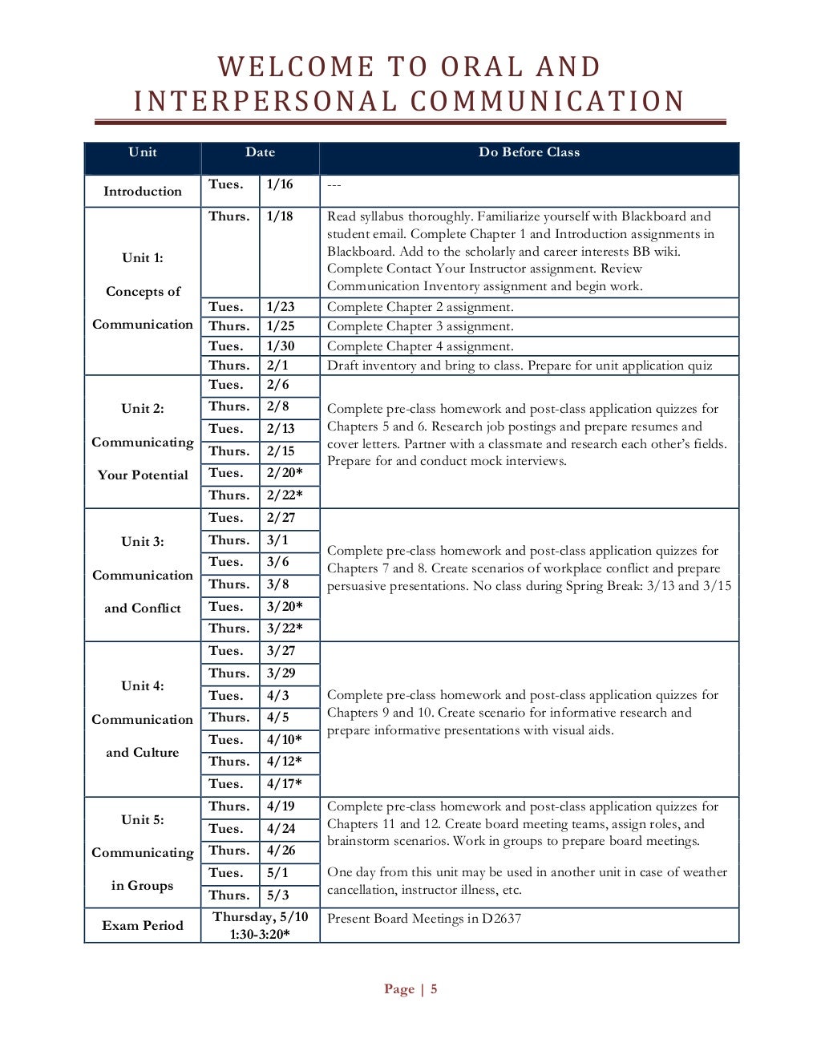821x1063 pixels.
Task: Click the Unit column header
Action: (143, 152)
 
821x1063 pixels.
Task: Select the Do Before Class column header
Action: (528, 152)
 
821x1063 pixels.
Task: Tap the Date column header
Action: (260, 152)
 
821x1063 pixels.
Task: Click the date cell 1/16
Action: (280, 184)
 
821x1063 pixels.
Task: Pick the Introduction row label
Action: (143, 192)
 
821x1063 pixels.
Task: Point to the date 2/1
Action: (277, 366)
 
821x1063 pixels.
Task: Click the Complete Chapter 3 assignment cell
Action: (420, 326)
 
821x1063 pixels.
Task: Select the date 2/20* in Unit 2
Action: (285, 473)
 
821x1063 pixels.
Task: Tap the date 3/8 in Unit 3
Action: (277, 584)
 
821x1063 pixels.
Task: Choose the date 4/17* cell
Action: (285, 784)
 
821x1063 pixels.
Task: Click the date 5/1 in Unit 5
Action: (277, 873)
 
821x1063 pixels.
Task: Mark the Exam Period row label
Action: (143, 926)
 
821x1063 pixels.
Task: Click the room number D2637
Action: (501, 919)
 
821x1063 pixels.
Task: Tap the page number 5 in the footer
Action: (434, 989)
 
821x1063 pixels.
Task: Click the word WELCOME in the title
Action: (297, 67)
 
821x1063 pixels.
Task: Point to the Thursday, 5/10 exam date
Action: (260, 917)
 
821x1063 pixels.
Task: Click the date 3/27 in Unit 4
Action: (281, 651)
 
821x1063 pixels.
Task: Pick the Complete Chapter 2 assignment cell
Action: (420, 307)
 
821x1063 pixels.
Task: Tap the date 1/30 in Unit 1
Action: (281, 346)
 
